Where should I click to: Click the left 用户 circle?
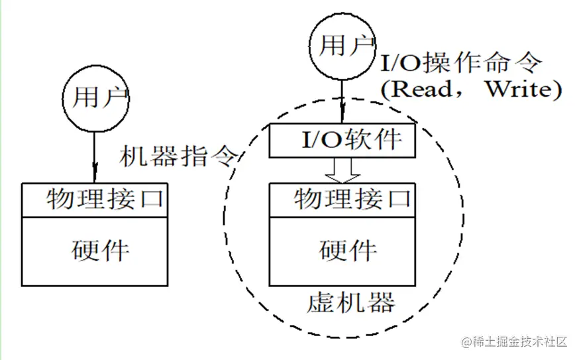point(96,98)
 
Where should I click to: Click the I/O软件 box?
point(342,141)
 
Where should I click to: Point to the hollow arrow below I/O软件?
point(342,170)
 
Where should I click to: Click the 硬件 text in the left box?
point(101,251)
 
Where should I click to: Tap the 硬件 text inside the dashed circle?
point(348,251)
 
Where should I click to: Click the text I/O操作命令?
point(461,64)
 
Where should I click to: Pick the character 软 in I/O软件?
point(363,141)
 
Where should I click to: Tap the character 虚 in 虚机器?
point(320,302)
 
